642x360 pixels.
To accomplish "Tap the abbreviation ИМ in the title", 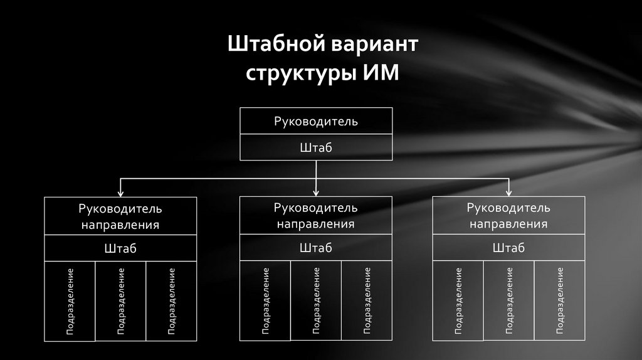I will tap(380, 73).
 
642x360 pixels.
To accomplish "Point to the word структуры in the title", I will tap(300, 74).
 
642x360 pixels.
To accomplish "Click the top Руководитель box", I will tap(316, 121).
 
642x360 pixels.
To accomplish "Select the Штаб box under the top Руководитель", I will tap(316, 147).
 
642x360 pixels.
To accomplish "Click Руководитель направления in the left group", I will tap(120, 216).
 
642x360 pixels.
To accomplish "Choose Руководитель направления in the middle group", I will tap(316, 216).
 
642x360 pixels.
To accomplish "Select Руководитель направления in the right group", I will tap(508, 216).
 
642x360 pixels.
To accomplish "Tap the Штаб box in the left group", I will tap(120, 248).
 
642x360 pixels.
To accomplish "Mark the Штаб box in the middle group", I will tap(316, 248).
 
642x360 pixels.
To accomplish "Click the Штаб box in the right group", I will tap(508, 248).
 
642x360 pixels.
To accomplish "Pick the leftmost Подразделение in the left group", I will tap(70, 301).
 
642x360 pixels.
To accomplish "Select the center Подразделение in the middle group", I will tap(316, 301).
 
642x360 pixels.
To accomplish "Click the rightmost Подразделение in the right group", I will tap(560, 301).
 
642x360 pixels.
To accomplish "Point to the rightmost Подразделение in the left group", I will tap(171, 301).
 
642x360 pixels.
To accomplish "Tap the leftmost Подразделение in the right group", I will tap(458, 301).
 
